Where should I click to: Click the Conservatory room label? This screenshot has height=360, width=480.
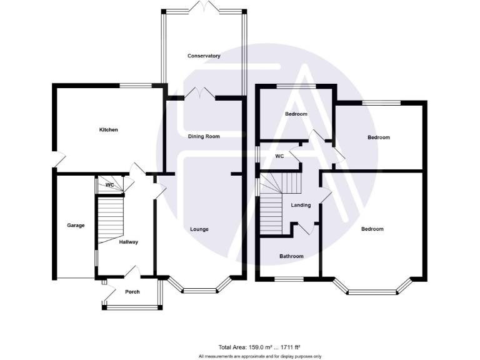[x=204, y=56]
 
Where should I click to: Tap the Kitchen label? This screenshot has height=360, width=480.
[x=108, y=130]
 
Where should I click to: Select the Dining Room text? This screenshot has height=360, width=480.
[x=204, y=136]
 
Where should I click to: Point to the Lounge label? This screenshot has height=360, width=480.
[x=199, y=229]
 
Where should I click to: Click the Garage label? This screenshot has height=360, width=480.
[x=76, y=226]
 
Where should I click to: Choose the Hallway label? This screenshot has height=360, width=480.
[x=127, y=242]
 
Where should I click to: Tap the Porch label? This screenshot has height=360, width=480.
[x=132, y=292]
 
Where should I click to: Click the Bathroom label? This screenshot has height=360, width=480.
[x=291, y=256]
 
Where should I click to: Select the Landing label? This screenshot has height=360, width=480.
[x=301, y=205]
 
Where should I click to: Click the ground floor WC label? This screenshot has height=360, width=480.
[x=109, y=186]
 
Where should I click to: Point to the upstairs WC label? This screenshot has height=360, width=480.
[x=279, y=156]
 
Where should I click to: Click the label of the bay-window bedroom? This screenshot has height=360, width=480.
[x=372, y=229]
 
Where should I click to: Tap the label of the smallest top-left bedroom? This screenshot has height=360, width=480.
[x=296, y=114]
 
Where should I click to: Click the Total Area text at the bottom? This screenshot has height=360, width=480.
[x=259, y=347]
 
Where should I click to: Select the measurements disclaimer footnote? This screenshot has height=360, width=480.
[x=259, y=356]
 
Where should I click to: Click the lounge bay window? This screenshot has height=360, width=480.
[x=200, y=289]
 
